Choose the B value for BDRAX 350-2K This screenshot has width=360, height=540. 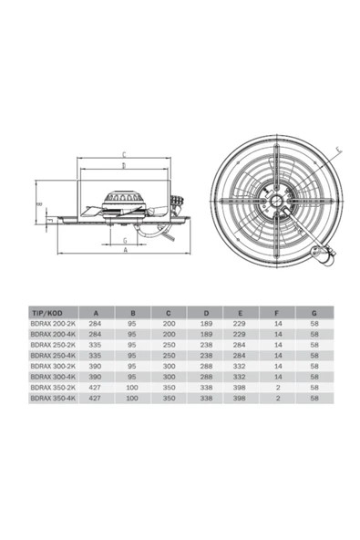[x=132, y=388]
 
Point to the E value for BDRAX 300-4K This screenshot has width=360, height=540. [x=240, y=377]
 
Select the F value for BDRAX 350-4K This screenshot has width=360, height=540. [x=277, y=399]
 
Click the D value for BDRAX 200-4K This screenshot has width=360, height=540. [x=205, y=334]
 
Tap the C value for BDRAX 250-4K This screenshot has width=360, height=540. [x=169, y=356]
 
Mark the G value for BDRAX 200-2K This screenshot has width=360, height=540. [x=314, y=323]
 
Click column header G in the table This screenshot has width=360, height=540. [x=314, y=311]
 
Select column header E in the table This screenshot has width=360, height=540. [x=240, y=311]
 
